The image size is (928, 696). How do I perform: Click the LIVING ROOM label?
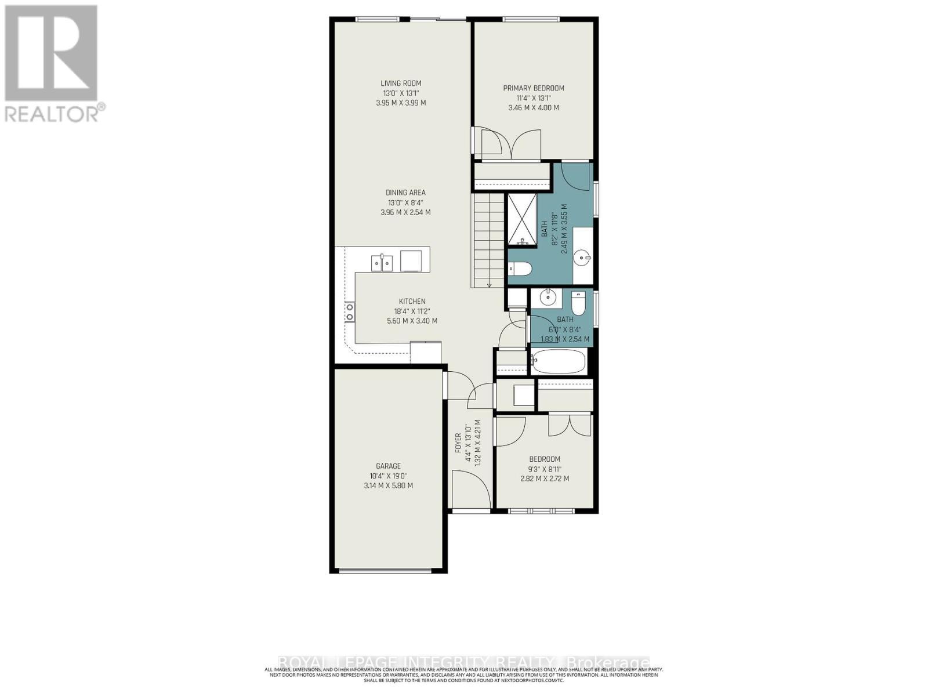coord(401,84)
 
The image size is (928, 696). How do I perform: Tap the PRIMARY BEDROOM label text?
coord(533,88)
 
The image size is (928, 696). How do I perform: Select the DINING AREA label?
coord(405,193)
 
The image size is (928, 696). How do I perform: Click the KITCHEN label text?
coord(412,301)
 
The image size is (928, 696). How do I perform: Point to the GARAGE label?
coord(388,466)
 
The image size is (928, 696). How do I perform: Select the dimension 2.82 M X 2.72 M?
coord(544,478)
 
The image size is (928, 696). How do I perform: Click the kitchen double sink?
coord(382,263)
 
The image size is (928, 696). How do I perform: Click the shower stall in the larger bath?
coord(522,220)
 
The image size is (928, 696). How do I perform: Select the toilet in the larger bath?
coord(520,269)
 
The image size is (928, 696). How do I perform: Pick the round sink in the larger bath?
coord(582,256)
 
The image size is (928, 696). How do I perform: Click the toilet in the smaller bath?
coord(578,302)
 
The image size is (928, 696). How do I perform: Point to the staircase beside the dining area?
coord(488,241)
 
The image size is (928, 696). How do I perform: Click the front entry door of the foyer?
coord(467,490)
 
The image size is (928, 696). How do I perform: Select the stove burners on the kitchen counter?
coord(350,311)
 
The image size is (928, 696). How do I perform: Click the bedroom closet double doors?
coord(570,426)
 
